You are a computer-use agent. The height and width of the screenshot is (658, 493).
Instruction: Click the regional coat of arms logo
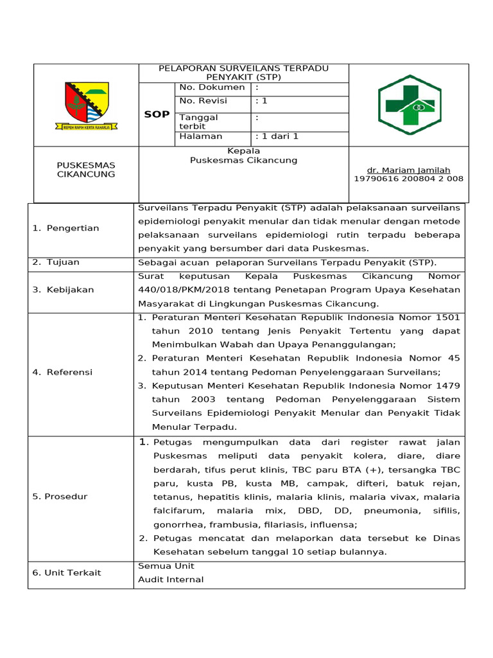coord(87,105)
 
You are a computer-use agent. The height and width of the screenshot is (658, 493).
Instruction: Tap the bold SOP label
coord(157,114)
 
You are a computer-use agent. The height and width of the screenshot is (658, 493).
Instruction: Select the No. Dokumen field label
coord(212,87)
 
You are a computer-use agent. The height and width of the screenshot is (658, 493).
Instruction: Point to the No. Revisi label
coord(203,101)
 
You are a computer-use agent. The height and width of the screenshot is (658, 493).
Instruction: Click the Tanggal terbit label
coord(198,122)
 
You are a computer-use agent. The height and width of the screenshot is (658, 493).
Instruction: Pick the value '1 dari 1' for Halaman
coord(277,136)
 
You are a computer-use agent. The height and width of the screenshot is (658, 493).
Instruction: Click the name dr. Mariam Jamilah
coord(408,170)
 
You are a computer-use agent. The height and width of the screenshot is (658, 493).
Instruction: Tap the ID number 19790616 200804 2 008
coord(408,179)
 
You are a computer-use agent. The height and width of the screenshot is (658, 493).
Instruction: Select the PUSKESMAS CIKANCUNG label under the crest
coord(86,170)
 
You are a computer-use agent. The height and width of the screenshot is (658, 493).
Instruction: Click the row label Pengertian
coord(65,228)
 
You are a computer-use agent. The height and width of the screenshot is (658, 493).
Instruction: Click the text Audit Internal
coord(171,580)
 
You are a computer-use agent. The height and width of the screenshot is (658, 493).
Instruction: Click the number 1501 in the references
coord(447,317)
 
